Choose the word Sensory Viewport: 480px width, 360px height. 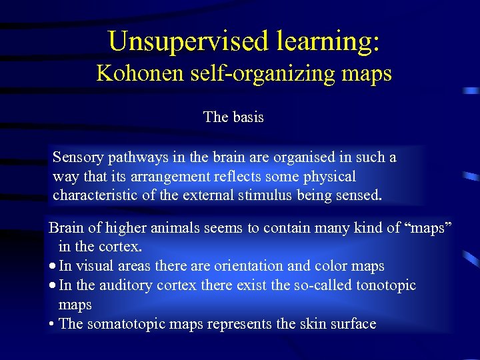(77, 157)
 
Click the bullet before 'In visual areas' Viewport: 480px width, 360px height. (53, 267)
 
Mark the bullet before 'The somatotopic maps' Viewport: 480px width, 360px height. (52, 325)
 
